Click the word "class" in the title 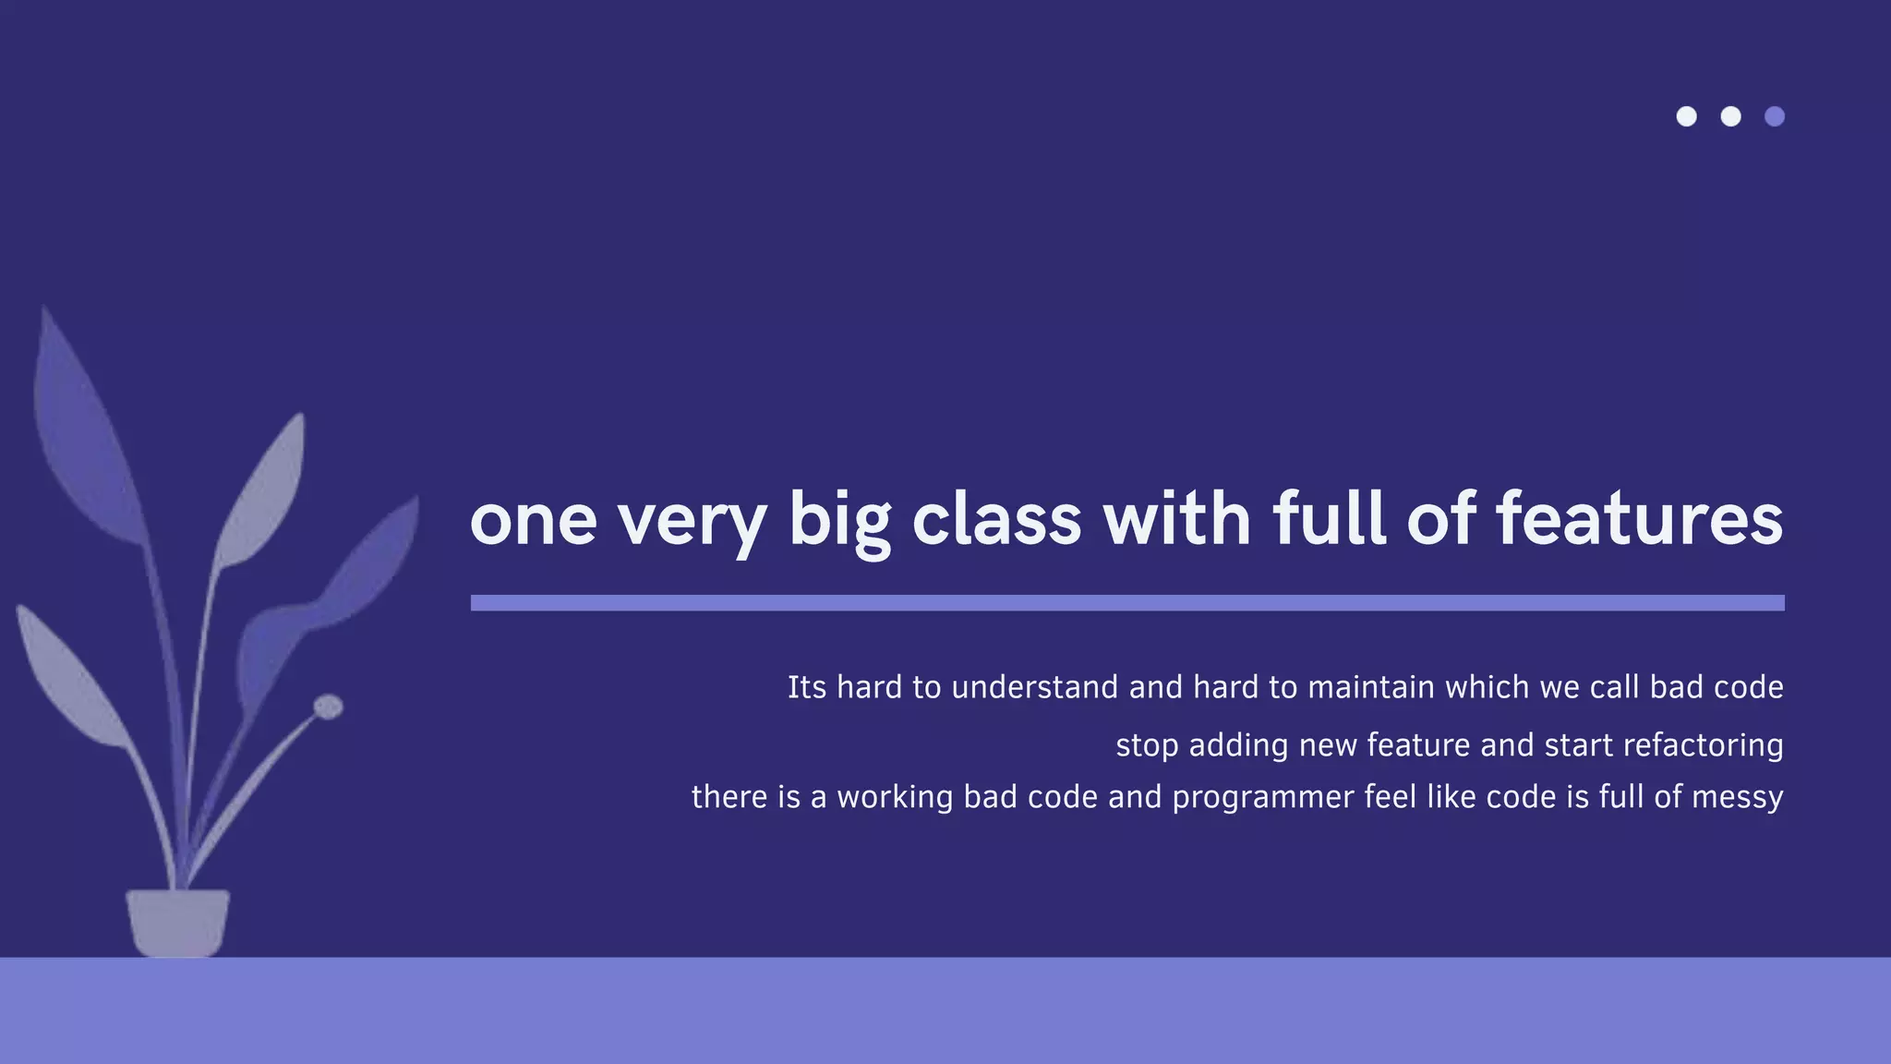(x=996, y=519)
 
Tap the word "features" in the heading (x=1639, y=519)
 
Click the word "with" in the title (x=1177, y=519)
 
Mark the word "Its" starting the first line (x=806, y=687)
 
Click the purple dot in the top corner (x=1775, y=116)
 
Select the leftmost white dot (x=1686, y=116)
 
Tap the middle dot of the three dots (x=1730, y=116)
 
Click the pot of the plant (x=177, y=922)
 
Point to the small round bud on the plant (x=328, y=707)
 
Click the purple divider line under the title (x=1126, y=603)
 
